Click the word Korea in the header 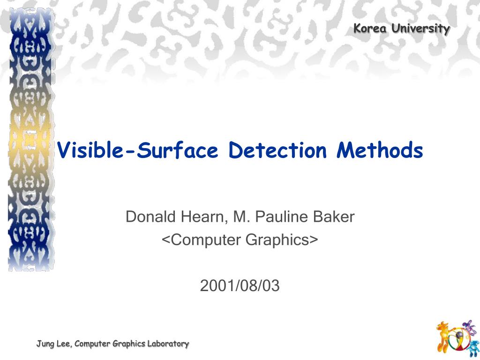pos(370,29)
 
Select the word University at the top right pos(420,29)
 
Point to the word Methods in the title pos(380,150)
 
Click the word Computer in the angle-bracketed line pos(202,240)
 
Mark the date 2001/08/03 pos(240,285)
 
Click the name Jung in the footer pos(45,344)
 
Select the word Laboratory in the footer pos(168,344)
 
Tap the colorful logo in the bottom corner pos(456,337)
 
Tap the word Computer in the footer pos(92,344)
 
